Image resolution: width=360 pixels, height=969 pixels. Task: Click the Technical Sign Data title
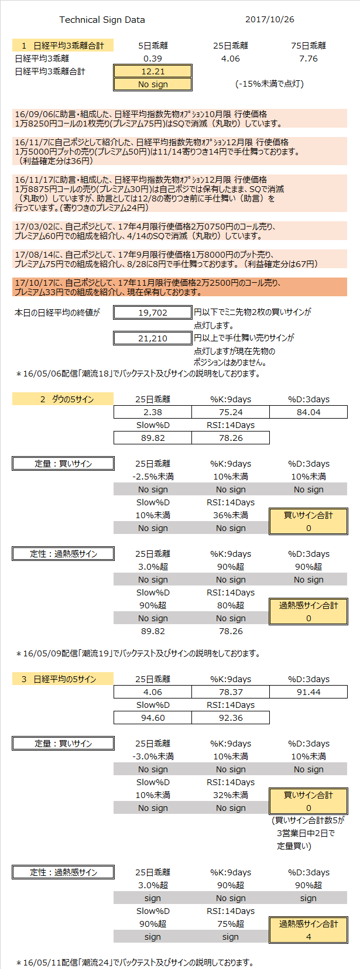102,20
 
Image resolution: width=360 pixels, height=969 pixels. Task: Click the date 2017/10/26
270,19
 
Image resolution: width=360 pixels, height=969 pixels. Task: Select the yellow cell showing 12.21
153,71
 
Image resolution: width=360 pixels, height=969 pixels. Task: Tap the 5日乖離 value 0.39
153,59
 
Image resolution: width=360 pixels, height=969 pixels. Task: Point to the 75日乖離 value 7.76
308,59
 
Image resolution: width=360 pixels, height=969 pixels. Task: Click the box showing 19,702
153,312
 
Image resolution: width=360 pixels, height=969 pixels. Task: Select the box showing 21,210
153,338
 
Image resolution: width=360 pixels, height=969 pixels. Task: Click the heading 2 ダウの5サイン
63,399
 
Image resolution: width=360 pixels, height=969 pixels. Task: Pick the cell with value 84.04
308,412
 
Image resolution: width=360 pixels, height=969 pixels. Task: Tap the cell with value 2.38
153,412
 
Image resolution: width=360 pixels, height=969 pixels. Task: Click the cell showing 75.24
231,412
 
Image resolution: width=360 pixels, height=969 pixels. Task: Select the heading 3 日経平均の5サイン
63,679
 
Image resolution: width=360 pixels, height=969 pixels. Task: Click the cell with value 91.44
308,692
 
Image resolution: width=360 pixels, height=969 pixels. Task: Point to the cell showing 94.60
153,718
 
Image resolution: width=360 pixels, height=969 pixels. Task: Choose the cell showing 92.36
231,718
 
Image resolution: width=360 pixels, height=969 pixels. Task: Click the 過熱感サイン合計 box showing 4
308,930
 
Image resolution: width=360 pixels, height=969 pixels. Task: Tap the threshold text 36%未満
231,515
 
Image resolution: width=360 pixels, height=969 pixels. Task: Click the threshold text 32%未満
231,795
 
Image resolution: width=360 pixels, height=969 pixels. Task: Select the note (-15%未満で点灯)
270,84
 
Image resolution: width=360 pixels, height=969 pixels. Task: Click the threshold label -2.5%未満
153,477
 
